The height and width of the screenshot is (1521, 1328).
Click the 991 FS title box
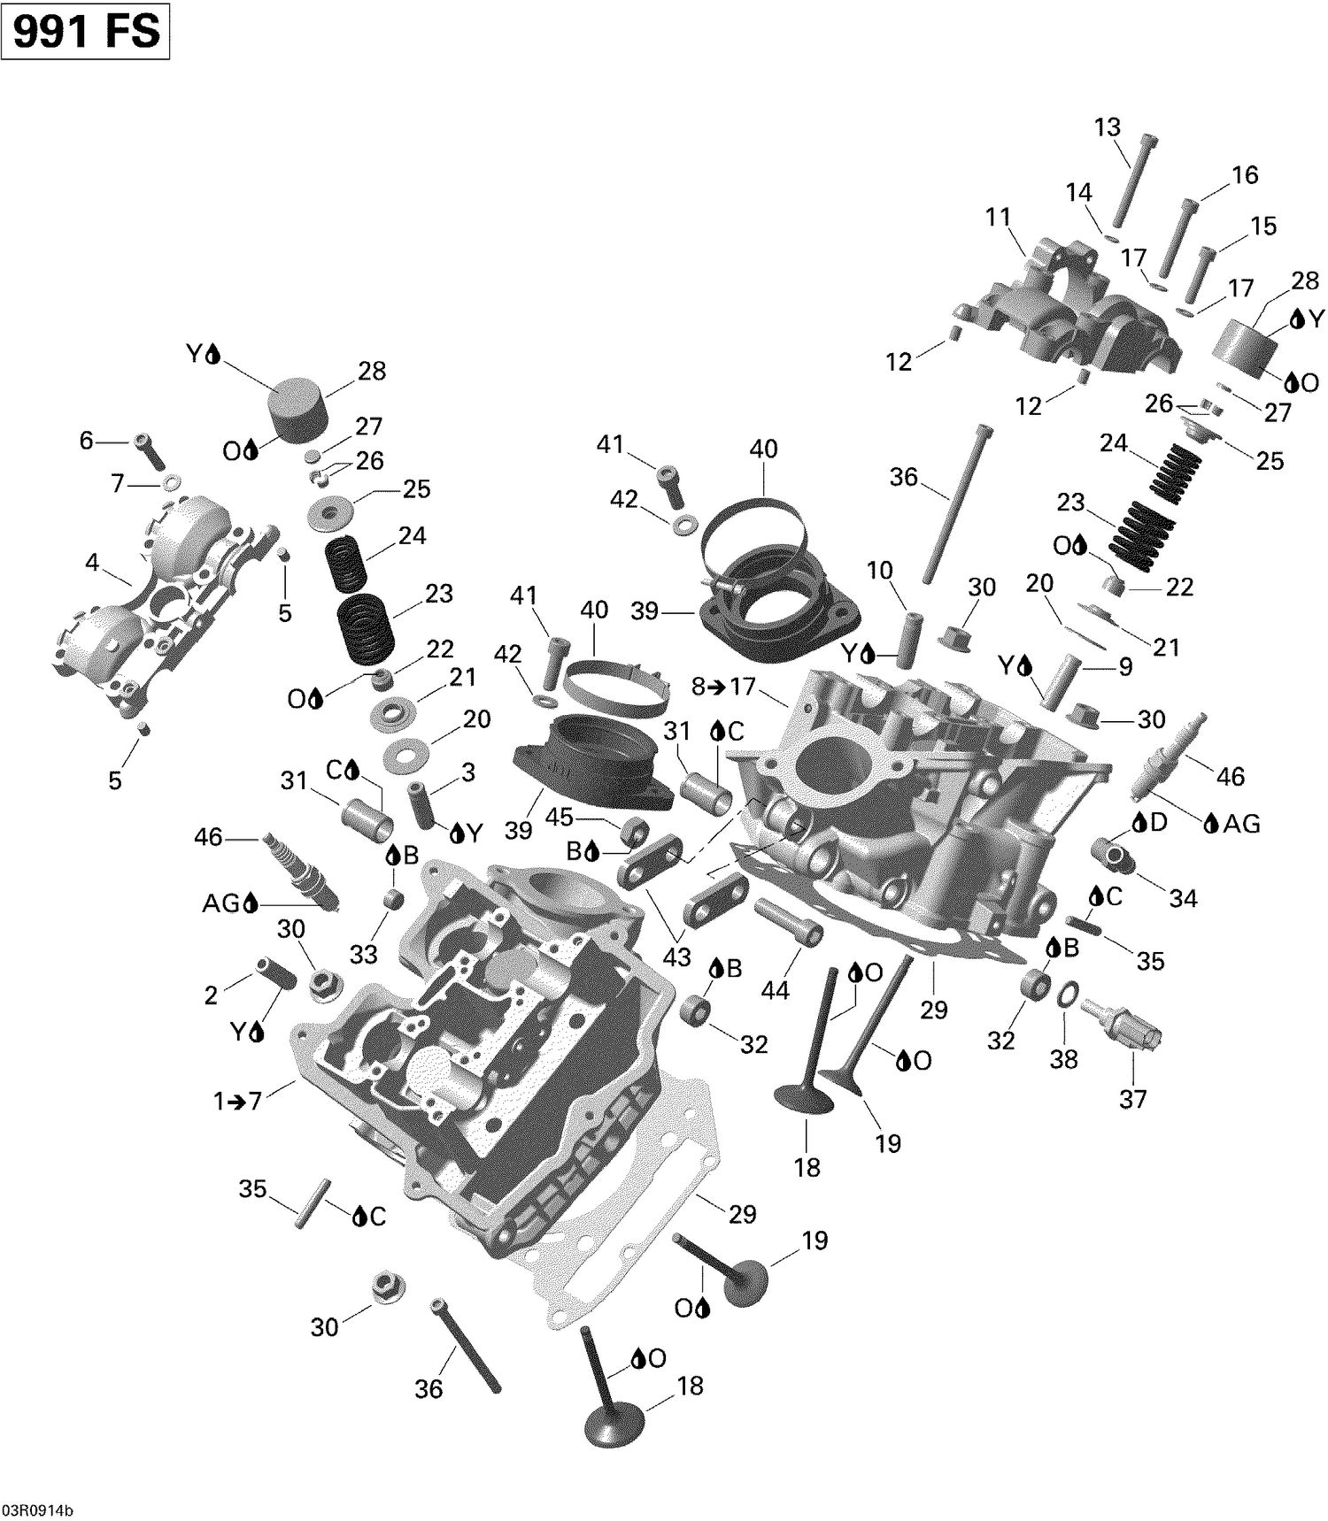(x=85, y=31)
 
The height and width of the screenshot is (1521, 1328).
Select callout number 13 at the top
(x=1107, y=127)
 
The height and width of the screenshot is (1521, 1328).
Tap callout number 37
(x=1132, y=1099)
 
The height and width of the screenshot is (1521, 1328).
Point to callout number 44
(x=775, y=990)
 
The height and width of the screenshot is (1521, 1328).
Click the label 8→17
(x=723, y=686)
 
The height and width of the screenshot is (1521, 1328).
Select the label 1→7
(x=236, y=1102)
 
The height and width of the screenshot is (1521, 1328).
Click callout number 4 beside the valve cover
(x=92, y=563)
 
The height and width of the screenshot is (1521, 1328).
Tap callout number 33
(x=363, y=954)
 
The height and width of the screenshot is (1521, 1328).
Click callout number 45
(x=559, y=818)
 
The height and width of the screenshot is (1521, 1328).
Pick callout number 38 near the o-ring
(x=1063, y=1058)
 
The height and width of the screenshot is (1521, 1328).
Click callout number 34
(x=1183, y=899)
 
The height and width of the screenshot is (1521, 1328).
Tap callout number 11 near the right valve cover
(x=998, y=217)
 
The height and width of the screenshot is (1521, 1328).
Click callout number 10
(x=879, y=571)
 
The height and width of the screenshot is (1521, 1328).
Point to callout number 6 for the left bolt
(x=86, y=440)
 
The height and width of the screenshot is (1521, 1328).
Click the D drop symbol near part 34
(x=1150, y=823)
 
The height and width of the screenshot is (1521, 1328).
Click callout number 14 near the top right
(x=1078, y=192)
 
